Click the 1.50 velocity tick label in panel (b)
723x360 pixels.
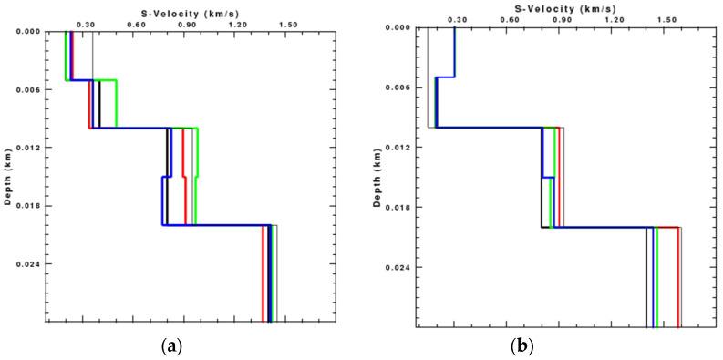coord(666,19)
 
